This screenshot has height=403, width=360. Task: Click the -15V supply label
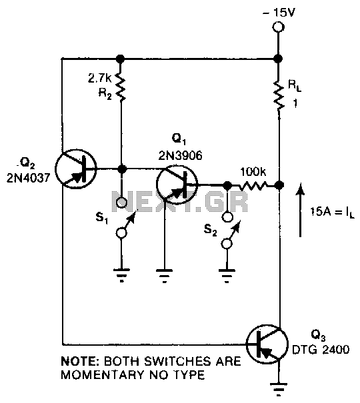point(278,13)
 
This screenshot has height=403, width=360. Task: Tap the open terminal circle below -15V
point(278,27)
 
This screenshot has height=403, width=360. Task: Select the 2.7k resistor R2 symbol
point(121,87)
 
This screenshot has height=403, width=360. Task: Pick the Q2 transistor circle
point(75,169)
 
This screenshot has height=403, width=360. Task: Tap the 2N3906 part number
point(180,155)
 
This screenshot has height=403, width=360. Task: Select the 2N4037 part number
point(27,178)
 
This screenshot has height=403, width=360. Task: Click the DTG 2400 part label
point(321,350)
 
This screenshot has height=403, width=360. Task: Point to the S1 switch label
point(102,218)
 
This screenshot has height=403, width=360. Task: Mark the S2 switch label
point(211,229)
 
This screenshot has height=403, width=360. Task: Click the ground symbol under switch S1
point(121,275)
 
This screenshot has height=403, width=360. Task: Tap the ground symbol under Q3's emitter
point(278,390)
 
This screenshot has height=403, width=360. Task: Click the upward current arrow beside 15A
point(300,210)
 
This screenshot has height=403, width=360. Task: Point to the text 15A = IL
point(332,212)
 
